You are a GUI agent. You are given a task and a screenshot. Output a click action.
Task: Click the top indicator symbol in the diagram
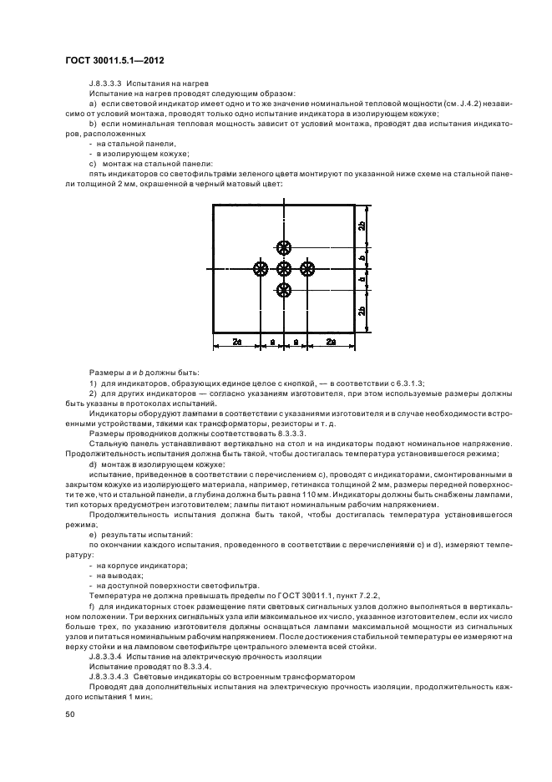pos(284,246)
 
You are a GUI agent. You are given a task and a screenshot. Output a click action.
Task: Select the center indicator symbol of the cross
pos(284,268)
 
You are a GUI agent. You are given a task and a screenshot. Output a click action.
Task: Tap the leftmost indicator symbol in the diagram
pos(261,268)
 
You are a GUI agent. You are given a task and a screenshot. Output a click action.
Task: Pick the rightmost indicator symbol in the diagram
pos(307,268)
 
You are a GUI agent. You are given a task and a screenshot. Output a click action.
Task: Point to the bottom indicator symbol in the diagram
pos(284,290)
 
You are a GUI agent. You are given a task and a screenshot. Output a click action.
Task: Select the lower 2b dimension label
pos(360,311)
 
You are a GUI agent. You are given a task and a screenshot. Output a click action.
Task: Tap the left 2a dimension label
pos(237,342)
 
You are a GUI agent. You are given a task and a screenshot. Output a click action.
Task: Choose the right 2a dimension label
pos(331,342)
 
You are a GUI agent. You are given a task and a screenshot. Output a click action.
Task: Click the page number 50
pos(70,714)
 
